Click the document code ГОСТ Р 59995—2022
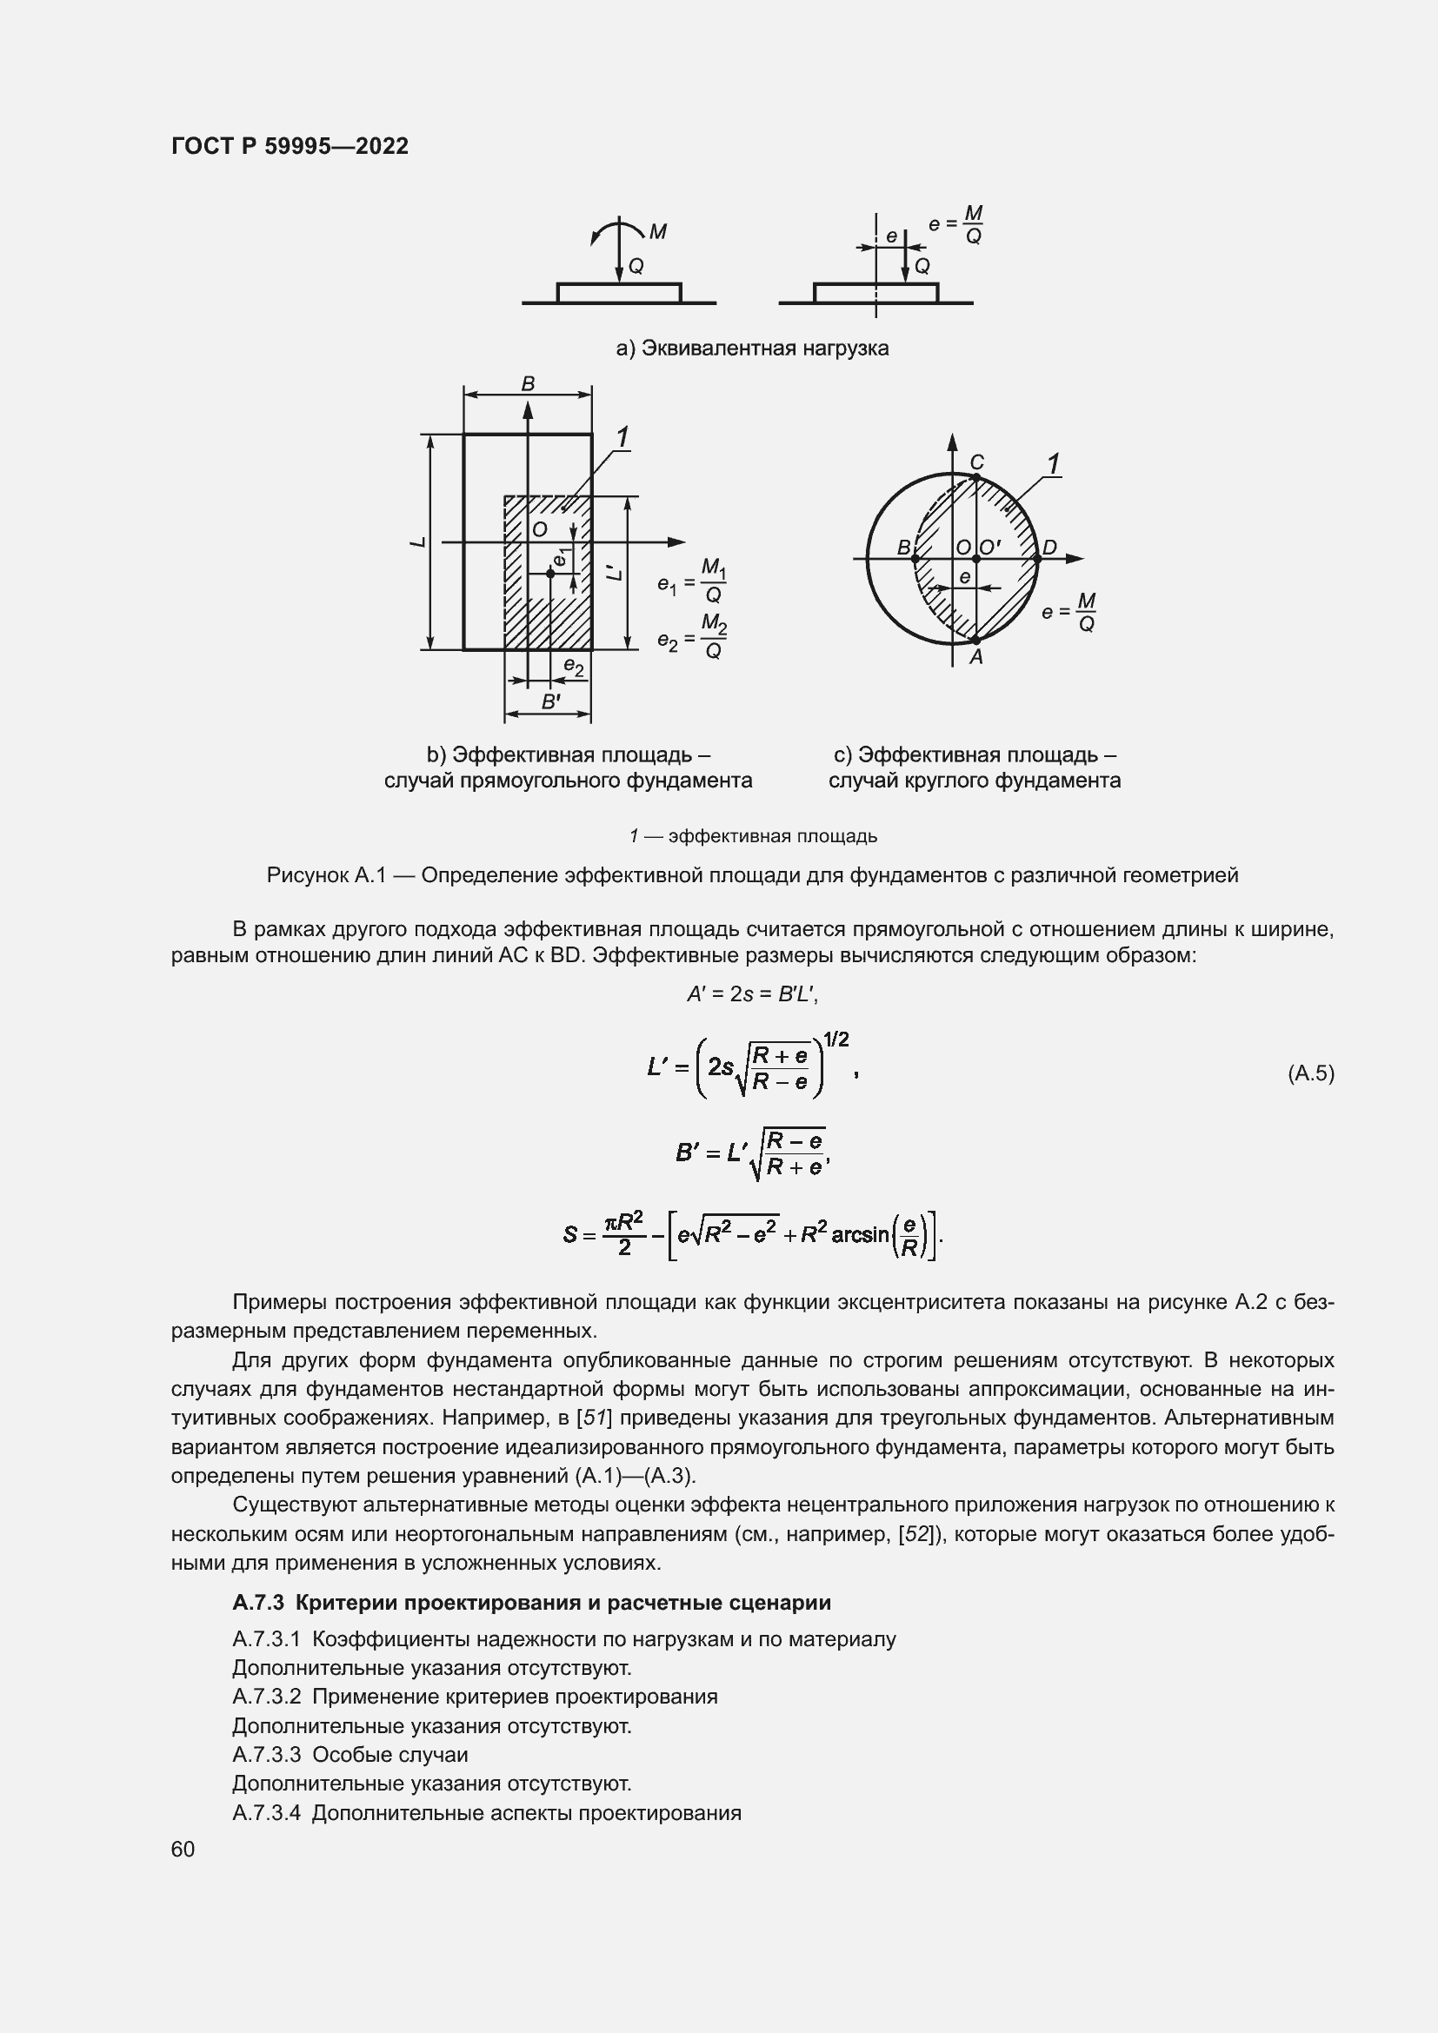[x=290, y=146]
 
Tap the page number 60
[x=183, y=1849]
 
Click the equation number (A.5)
[x=1309, y=1073]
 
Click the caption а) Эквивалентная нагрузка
[x=752, y=348]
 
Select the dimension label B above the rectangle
[x=528, y=384]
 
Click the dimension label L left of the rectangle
[x=418, y=541]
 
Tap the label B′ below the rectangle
[x=549, y=702]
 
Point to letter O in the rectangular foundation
[x=539, y=529]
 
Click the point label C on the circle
[x=976, y=462]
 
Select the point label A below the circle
[x=975, y=657]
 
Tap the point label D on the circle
[x=1049, y=548]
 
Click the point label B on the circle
[x=904, y=548]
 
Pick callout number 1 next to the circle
[x=1053, y=464]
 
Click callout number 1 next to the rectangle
[x=622, y=437]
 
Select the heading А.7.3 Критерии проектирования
[x=531, y=1603]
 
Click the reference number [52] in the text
[x=915, y=1533]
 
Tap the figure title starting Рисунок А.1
[x=752, y=876]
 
